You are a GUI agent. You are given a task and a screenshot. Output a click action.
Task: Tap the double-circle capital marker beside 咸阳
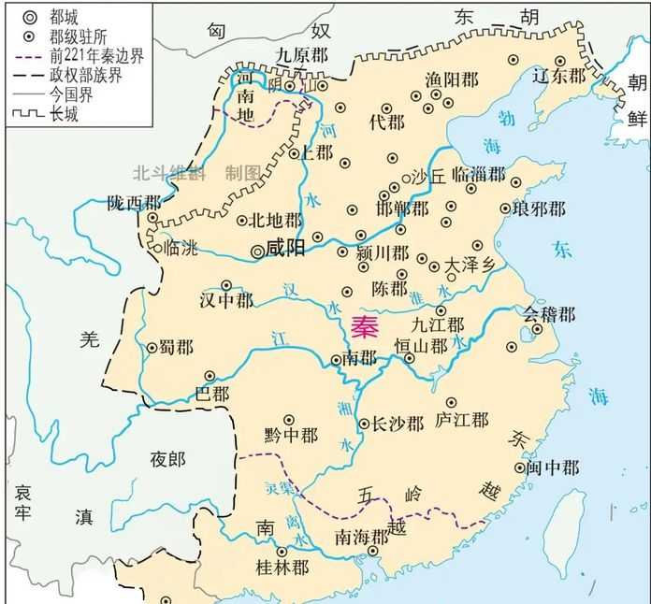pyautogui.click(x=259, y=251)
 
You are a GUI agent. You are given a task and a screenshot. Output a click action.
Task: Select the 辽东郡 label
pyautogui.click(x=558, y=75)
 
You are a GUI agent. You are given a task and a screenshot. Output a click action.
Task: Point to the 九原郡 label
pyautogui.click(x=302, y=53)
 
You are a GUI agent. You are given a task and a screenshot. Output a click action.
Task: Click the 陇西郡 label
pyautogui.click(x=134, y=201)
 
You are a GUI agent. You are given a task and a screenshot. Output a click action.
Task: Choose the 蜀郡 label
pyautogui.click(x=177, y=347)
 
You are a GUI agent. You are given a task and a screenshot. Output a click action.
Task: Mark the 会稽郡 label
pyautogui.click(x=549, y=313)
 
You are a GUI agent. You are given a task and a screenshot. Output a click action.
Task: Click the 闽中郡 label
pyautogui.click(x=552, y=467)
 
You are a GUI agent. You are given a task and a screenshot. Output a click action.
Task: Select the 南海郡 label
pyautogui.click(x=361, y=537)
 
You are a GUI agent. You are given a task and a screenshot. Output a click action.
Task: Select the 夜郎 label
pyautogui.click(x=168, y=458)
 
